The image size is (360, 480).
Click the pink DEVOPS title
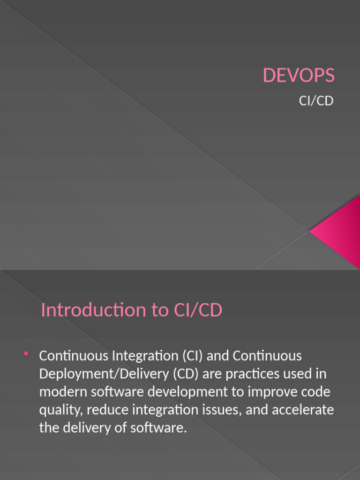tap(299, 75)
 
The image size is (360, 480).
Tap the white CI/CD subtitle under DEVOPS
tap(316, 101)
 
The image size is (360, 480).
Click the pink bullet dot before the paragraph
tap(26, 353)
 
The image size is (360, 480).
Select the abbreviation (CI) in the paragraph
tap(189, 356)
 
